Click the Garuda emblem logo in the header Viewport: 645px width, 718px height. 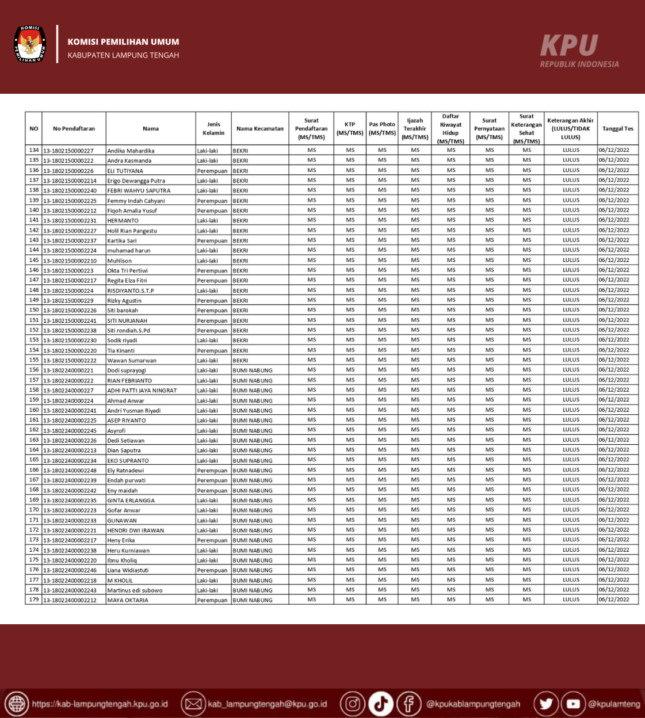[x=29, y=44]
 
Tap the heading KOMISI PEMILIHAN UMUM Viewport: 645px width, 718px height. [x=123, y=42]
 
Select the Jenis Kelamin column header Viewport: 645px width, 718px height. [x=213, y=128]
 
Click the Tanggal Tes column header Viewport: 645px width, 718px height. [x=617, y=128]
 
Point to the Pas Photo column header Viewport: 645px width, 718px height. [x=382, y=128]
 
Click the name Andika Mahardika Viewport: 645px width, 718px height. [x=131, y=151]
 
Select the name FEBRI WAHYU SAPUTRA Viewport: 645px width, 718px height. [x=139, y=190]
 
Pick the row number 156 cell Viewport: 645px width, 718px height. [x=34, y=370]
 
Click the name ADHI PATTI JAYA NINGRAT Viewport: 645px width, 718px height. [x=142, y=390]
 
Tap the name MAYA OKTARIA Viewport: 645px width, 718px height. [x=128, y=600]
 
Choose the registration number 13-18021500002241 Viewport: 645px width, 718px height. [x=70, y=320]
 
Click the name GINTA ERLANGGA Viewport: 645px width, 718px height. [x=131, y=501]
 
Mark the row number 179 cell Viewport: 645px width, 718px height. [x=34, y=599]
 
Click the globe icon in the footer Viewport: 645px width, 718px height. [x=16, y=704]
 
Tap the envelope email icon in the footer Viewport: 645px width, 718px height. [x=193, y=704]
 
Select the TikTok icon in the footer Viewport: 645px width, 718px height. [x=380, y=704]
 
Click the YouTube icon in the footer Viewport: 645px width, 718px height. [x=573, y=704]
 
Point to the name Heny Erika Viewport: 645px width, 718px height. [x=121, y=540]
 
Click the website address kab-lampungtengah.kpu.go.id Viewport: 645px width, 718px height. [x=100, y=704]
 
